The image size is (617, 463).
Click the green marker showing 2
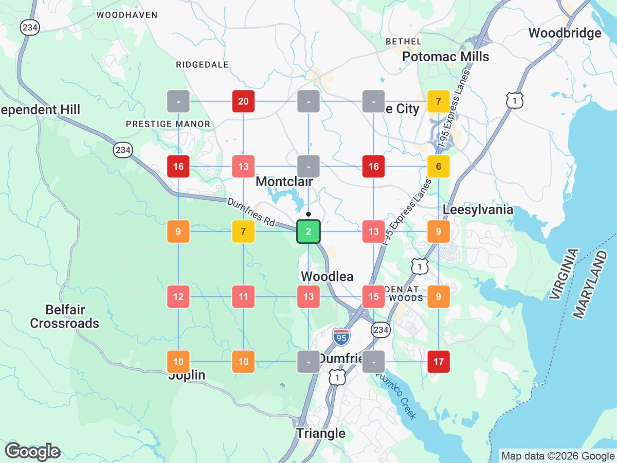click(308, 232)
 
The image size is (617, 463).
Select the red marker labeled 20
click(243, 101)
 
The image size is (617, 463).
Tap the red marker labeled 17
click(439, 362)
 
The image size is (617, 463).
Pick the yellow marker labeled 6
click(439, 166)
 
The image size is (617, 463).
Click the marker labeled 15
click(373, 297)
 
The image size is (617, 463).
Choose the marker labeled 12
click(178, 297)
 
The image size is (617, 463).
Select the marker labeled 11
click(243, 297)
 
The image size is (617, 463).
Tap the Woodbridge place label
click(565, 33)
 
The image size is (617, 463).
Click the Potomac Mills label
click(445, 57)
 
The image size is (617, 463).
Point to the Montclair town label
click(284, 182)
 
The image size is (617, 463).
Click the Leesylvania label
click(478, 210)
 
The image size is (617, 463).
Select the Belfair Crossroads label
click(65, 316)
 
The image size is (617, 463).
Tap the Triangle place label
click(321, 433)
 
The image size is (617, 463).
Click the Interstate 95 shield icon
click(340, 337)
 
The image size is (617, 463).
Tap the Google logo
click(32, 451)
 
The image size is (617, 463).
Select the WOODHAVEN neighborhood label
click(127, 15)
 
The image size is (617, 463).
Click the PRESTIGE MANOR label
click(168, 124)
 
